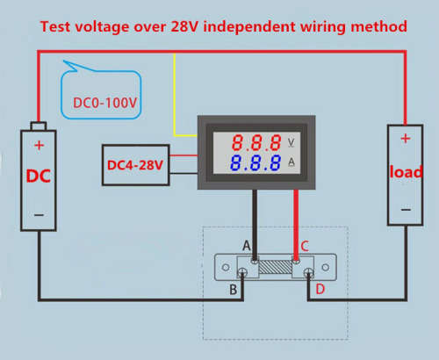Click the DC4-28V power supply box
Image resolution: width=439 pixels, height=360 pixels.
point(136,165)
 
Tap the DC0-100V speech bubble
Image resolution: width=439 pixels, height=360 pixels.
point(101,94)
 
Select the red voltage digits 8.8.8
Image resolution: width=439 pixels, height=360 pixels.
point(256,143)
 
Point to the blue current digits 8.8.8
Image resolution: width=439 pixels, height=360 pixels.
point(255,163)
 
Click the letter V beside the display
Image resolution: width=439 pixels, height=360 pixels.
point(291,142)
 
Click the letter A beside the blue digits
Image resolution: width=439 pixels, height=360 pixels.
point(291,162)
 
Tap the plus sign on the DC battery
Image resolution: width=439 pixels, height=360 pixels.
point(39,145)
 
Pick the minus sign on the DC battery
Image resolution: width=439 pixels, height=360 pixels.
point(39,215)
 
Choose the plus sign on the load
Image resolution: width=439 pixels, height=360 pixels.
point(406,138)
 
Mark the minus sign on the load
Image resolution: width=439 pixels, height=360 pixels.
point(406,210)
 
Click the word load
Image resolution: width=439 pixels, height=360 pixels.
point(406,171)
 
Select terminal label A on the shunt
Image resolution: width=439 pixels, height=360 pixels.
point(247,246)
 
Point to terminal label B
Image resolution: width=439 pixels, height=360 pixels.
point(234,290)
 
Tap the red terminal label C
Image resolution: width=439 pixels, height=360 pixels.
point(305,246)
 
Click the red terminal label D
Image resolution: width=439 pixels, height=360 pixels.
point(320,289)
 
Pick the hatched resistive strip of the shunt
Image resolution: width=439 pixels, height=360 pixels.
point(276,267)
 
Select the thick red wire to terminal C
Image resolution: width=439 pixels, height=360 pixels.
point(296,225)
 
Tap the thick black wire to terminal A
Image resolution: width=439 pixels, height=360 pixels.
point(255,225)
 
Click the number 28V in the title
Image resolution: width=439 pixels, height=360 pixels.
point(184,27)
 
